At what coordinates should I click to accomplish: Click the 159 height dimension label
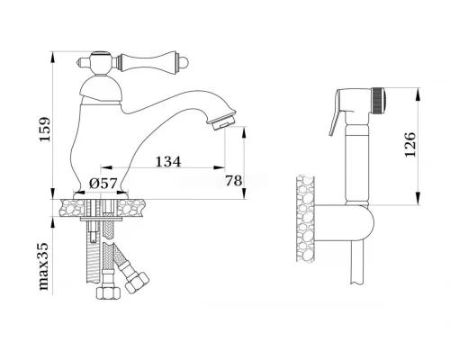click(x=45, y=130)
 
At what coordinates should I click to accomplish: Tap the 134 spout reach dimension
click(x=168, y=162)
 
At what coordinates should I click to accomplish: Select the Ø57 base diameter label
click(x=103, y=183)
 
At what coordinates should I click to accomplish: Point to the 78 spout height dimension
click(x=233, y=181)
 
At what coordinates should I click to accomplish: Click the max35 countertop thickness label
click(x=44, y=266)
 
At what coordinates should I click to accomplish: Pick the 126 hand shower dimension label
click(x=410, y=144)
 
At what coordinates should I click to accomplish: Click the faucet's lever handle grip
click(x=148, y=62)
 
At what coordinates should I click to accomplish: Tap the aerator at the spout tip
click(x=223, y=121)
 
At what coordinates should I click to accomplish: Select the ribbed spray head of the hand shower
click(x=378, y=101)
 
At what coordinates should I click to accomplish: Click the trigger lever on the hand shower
click(x=336, y=119)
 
